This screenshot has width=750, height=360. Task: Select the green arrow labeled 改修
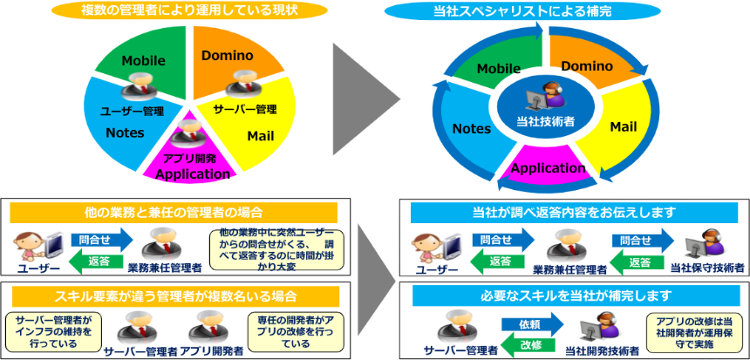click(530, 344)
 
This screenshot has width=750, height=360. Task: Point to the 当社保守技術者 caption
click(708, 270)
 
